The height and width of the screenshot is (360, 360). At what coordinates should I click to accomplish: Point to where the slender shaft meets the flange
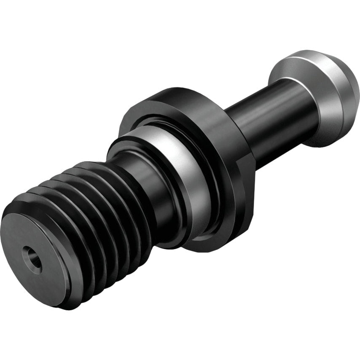236,122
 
